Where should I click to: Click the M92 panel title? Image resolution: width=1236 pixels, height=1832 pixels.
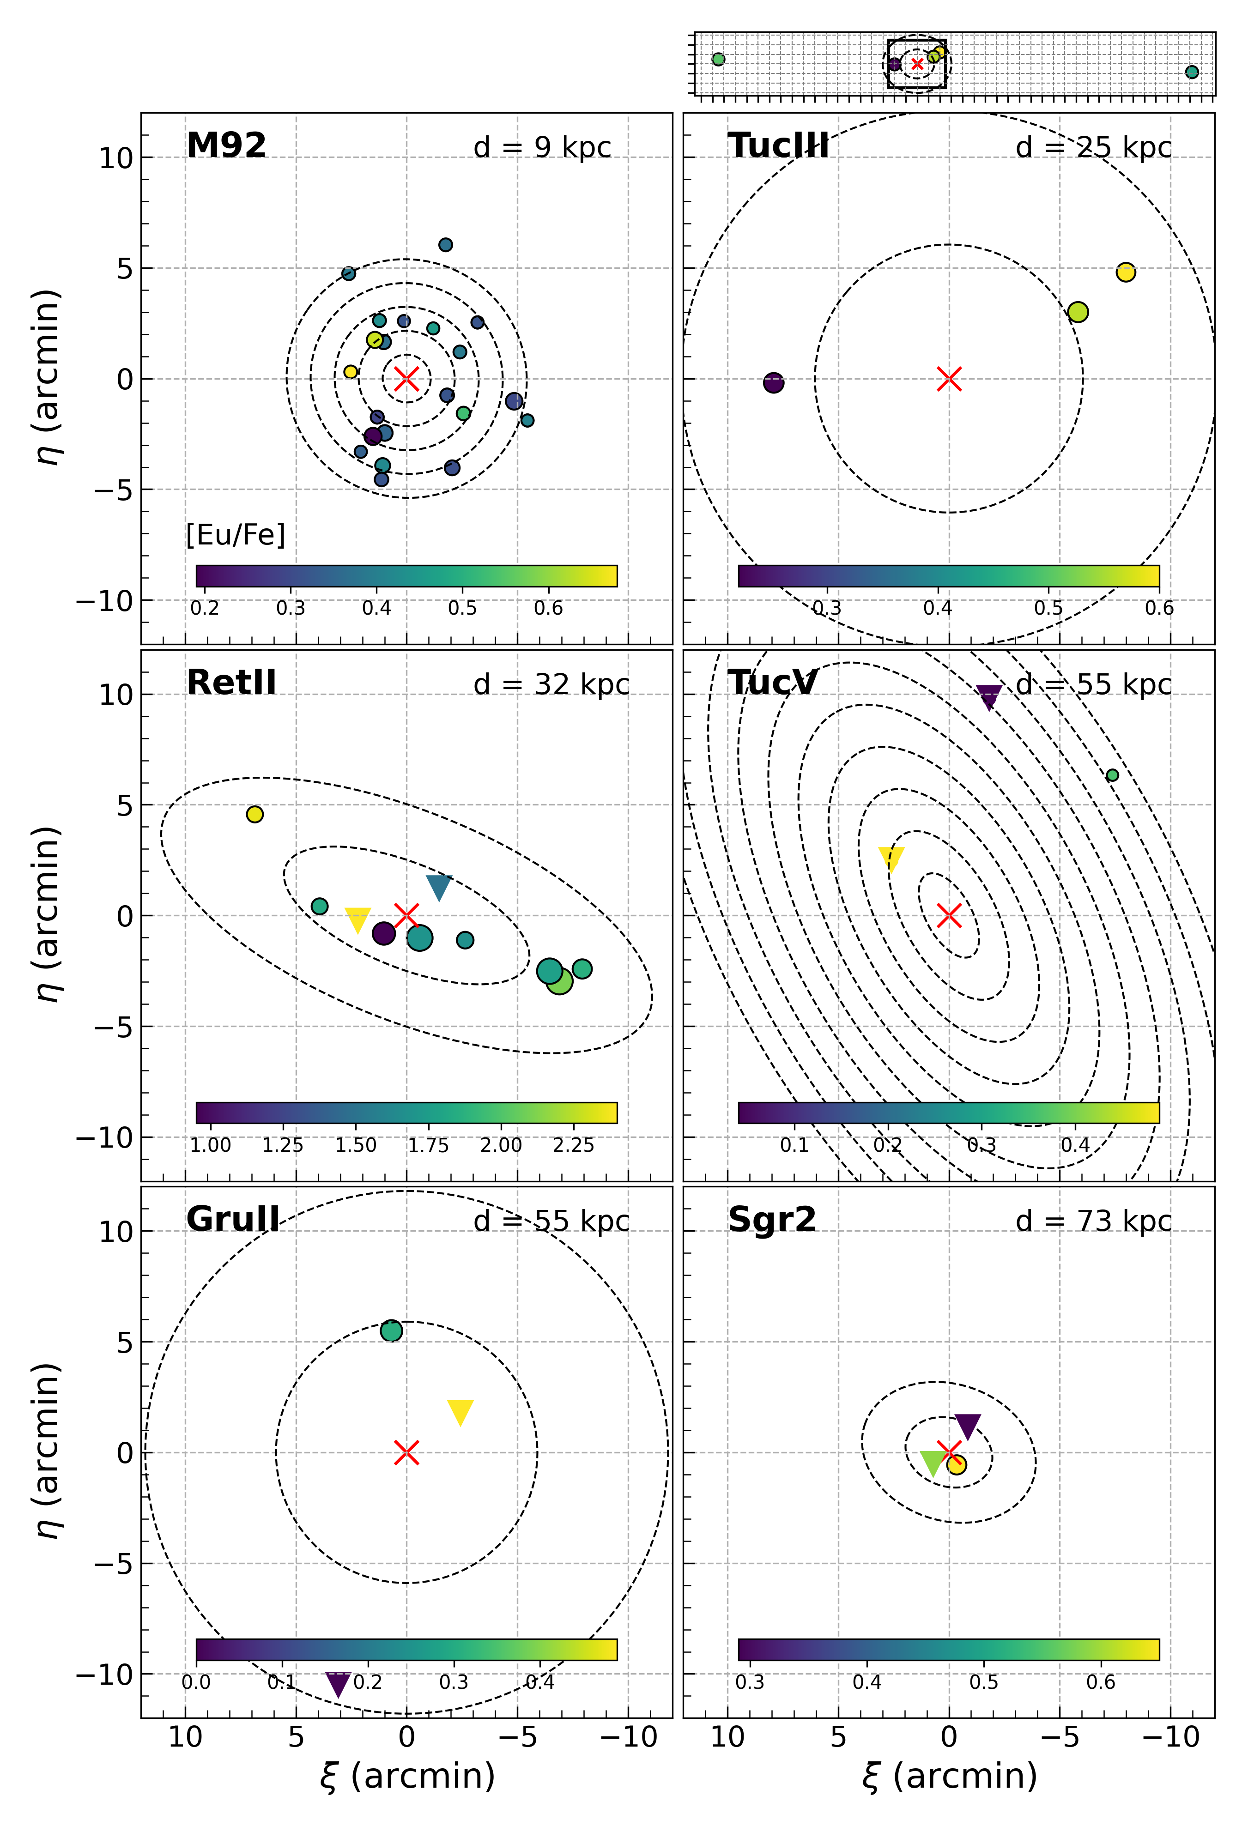226,146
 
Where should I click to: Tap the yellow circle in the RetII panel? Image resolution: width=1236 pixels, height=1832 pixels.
254,814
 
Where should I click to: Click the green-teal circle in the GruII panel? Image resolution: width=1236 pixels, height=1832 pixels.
391,1331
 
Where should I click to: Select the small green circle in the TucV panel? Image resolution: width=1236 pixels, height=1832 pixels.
1112,775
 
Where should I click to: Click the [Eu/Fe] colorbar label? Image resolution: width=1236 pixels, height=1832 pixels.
236,535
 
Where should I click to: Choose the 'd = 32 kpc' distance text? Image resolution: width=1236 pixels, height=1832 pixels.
551,684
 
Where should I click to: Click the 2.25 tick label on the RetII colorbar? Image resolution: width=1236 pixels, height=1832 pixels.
573,1145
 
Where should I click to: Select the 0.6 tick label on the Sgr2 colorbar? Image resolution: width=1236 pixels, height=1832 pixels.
1100,1682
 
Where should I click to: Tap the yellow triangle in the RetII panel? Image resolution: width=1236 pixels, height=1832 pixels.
358,919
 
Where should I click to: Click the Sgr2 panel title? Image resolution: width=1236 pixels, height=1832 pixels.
772,1220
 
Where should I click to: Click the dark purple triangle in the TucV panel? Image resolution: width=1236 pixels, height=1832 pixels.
988,696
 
